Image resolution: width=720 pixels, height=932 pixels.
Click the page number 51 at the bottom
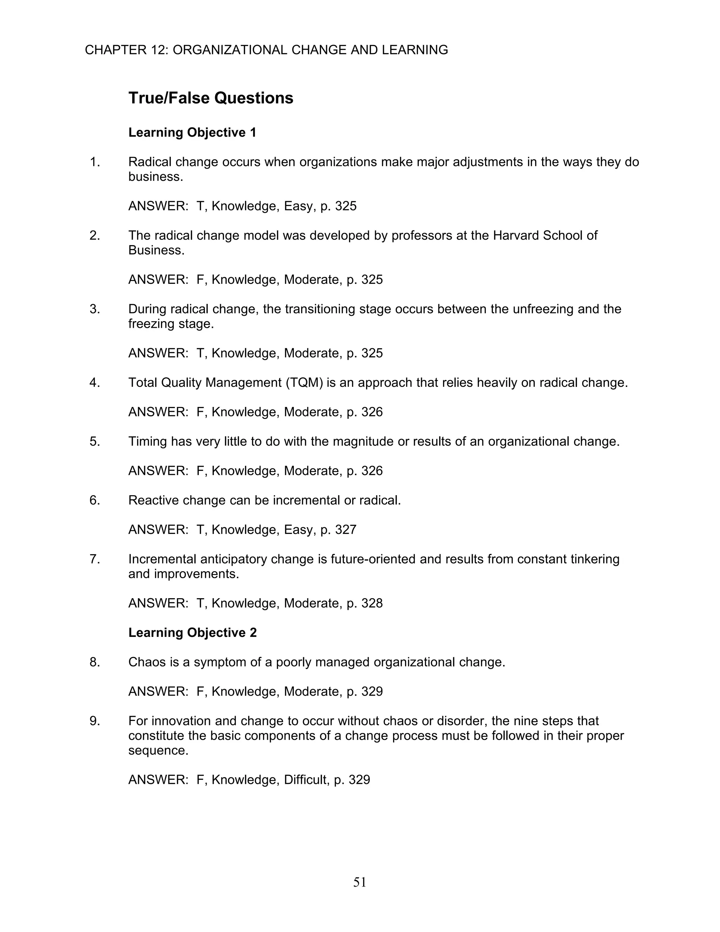pyautogui.click(x=360, y=882)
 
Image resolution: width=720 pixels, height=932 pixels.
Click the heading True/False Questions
pyautogui.click(x=211, y=98)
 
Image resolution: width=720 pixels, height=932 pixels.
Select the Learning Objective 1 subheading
pyautogui.click(x=192, y=133)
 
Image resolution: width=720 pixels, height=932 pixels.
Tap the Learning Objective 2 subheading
pyautogui.click(x=192, y=632)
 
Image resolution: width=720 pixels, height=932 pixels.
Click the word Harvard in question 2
pyautogui.click(x=516, y=236)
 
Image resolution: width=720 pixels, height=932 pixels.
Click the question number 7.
pyautogui.click(x=95, y=559)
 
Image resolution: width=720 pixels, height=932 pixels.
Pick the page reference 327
pyautogui.click(x=346, y=530)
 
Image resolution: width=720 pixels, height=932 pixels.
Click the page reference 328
pyautogui.click(x=372, y=604)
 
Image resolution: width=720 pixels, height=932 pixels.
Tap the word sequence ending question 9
pyautogui.click(x=158, y=750)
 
